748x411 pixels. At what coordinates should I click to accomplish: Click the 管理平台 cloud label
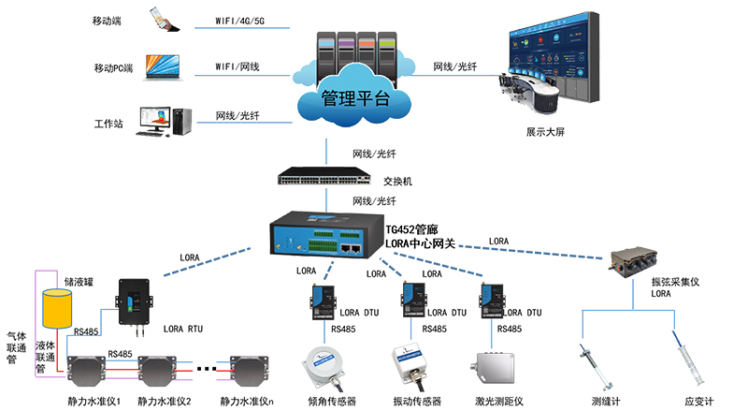coord(354,97)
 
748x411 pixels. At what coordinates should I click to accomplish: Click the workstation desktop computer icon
coord(165,119)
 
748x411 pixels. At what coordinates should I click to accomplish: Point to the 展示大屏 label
coord(546,133)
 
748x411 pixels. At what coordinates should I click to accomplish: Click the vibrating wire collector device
coord(634,262)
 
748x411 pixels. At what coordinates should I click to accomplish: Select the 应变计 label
coord(698,401)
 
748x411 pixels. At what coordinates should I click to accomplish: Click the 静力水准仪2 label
coord(164,402)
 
